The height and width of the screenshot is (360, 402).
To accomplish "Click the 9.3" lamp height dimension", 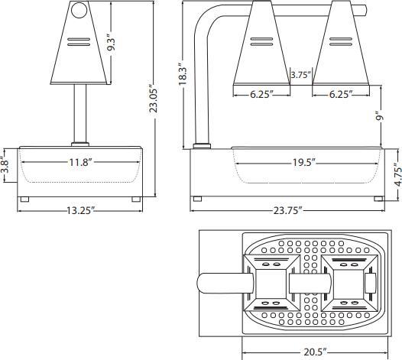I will pos(112,43).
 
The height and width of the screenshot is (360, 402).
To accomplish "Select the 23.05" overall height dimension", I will pos(154,99).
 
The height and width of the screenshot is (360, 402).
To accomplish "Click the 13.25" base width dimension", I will pos(78,211).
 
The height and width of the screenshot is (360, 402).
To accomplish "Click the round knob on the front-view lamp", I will pos(78,11).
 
